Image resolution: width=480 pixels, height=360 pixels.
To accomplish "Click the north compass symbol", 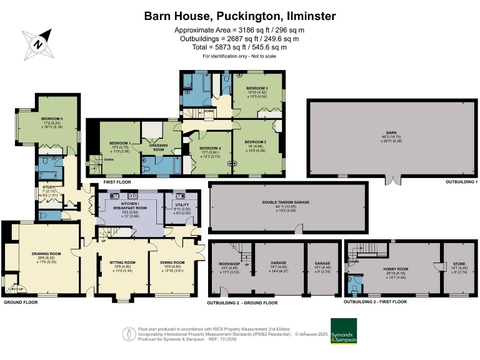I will (x=36, y=44).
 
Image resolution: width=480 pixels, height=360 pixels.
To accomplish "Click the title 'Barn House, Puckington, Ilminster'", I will (x=239, y=15).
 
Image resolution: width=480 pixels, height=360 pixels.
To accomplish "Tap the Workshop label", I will (x=229, y=264).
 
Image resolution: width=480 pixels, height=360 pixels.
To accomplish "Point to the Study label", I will (x=49, y=187).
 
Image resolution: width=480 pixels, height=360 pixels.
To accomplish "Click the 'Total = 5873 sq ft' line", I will (x=239, y=47).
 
